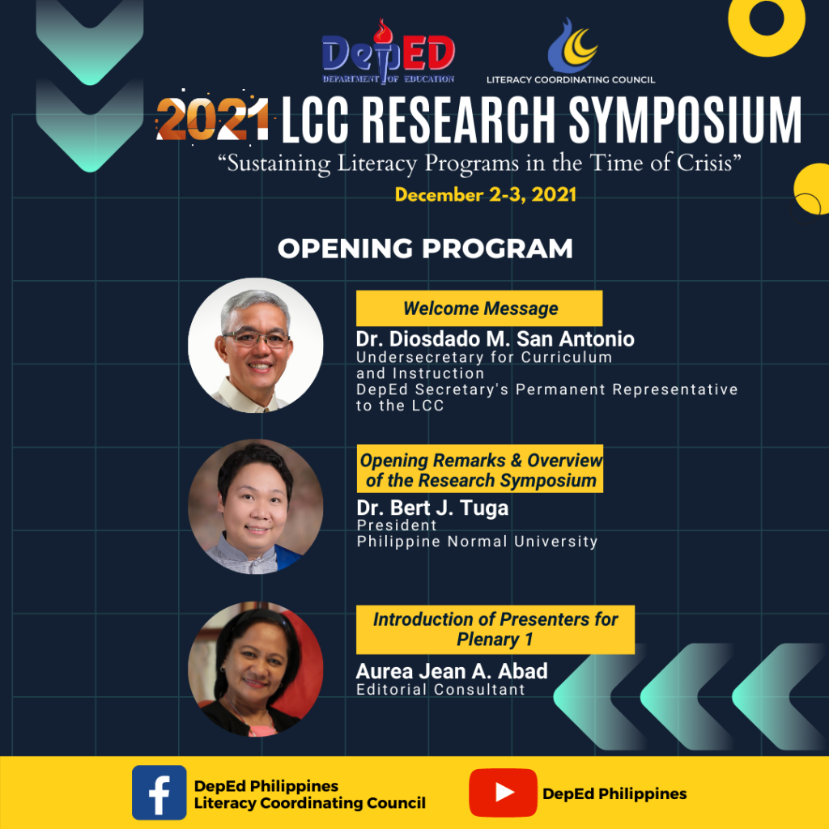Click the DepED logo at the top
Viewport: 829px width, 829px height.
tap(389, 52)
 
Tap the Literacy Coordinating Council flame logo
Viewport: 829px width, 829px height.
tap(572, 45)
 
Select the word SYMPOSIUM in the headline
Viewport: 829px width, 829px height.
tap(685, 120)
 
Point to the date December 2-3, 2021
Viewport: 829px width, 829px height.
tap(486, 195)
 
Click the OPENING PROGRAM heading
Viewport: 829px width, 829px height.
tap(425, 249)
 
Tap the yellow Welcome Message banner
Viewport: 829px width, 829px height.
tap(479, 308)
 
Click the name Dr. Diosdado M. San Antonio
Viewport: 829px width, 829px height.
tap(495, 339)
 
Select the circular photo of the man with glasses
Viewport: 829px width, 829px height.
tap(255, 345)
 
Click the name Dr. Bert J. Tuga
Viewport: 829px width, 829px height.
tap(432, 508)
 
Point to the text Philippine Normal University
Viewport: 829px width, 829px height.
tap(477, 542)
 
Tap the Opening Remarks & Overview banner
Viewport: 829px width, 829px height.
tap(480, 469)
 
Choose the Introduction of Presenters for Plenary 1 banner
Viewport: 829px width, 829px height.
tap(495, 630)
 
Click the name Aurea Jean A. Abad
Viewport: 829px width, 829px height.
tap(452, 671)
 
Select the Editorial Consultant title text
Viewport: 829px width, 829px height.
tap(440, 690)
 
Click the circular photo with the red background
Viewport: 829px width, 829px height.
tap(255, 669)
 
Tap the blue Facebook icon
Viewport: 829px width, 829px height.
tap(159, 793)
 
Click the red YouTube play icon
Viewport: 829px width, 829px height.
tap(503, 793)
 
